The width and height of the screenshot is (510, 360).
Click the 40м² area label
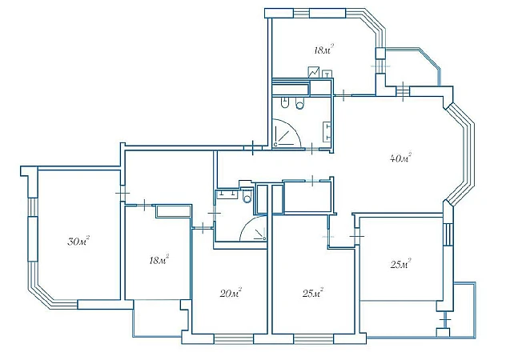(400, 158)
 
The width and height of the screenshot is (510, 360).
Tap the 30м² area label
(78, 241)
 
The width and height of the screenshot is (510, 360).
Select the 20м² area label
(231, 294)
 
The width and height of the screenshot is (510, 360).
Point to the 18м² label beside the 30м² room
(159, 260)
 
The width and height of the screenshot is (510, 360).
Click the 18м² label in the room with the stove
(324, 50)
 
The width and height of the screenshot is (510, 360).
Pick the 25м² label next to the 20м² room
(312, 294)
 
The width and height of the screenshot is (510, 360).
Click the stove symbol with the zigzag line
(314, 72)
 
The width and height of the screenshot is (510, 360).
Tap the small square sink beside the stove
(327, 74)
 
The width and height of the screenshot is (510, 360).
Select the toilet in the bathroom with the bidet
(299, 103)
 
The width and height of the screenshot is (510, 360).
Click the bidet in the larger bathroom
(284, 103)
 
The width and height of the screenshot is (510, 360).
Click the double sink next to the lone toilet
(227, 194)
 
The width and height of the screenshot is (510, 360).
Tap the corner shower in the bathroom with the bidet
(287, 133)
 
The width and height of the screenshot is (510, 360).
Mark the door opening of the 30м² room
(122, 193)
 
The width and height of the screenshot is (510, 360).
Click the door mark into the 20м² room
(203, 228)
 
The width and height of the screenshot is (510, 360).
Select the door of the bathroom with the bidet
(312, 149)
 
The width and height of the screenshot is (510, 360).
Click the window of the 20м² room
(234, 339)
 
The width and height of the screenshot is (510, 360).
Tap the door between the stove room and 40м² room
(343, 95)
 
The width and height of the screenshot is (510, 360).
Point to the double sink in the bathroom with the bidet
(327, 132)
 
